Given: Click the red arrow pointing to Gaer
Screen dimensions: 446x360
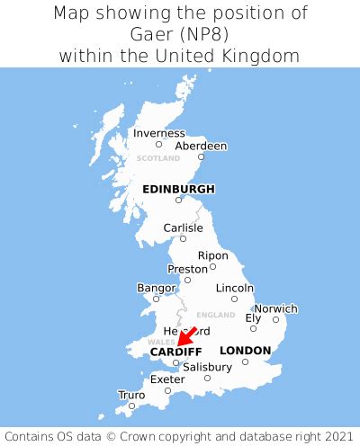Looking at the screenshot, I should point(187,336).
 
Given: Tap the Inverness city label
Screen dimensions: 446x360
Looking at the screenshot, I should point(158,133).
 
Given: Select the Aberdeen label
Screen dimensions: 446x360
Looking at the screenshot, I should point(201,146).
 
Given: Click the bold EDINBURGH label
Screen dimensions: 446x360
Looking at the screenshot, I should point(178,189).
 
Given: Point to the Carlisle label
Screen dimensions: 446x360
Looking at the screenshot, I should point(183,227).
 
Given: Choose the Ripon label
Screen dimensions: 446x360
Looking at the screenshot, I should point(213,255).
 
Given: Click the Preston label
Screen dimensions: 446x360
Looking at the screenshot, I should point(187,269).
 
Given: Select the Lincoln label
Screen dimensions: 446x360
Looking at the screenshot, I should point(235,288).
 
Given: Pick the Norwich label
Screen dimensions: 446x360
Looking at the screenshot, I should point(275,308).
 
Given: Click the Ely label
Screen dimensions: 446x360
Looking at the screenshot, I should point(254,317).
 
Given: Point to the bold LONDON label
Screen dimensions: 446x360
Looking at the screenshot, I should point(245,350).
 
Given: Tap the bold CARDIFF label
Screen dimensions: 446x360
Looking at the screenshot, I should point(175,351).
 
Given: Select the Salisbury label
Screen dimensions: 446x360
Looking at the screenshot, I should point(207,367).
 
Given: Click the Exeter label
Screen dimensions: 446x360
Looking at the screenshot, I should point(167,379).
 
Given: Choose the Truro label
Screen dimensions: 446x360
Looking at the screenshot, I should point(131,394).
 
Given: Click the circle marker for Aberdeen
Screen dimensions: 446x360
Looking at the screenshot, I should point(201,157).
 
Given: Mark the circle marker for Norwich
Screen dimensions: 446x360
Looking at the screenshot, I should point(275,319).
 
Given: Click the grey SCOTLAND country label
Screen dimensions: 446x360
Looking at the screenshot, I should point(158,158).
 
